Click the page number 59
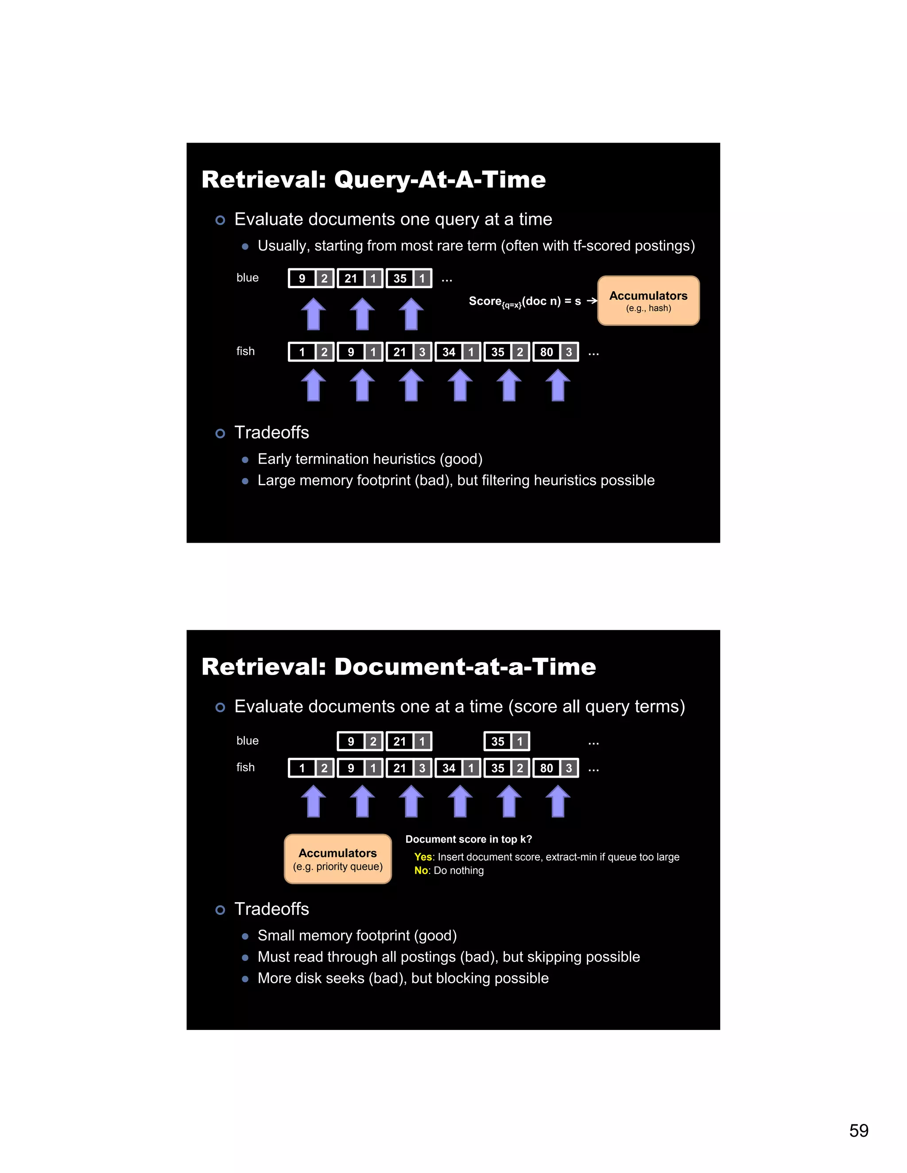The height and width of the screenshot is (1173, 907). (858, 1131)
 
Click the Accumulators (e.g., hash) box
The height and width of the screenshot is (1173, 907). (648, 301)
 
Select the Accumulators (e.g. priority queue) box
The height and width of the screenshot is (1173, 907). (337, 859)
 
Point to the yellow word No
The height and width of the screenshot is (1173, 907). (421, 871)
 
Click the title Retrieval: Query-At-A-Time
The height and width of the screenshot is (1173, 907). (373, 179)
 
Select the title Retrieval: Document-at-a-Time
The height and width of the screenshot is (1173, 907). (398, 667)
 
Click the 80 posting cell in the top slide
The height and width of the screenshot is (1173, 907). (547, 352)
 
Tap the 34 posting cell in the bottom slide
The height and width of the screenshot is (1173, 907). (449, 768)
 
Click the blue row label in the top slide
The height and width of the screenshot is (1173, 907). (247, 278)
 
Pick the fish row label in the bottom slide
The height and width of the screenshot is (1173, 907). (245, 768)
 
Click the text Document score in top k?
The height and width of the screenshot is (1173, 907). (469, 839)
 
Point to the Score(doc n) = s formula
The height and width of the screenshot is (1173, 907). (524, 301)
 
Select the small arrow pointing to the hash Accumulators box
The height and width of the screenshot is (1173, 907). (592, 301)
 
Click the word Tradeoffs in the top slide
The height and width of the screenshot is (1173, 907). (271, 432)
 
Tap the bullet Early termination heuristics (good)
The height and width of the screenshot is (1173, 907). (370, 459)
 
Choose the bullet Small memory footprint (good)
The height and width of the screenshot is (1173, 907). (357, 936)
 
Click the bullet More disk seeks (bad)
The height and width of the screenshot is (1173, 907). (403, 978)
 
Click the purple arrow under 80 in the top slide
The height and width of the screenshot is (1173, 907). (558, 385)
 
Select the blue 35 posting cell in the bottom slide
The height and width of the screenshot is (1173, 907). (497, 741)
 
